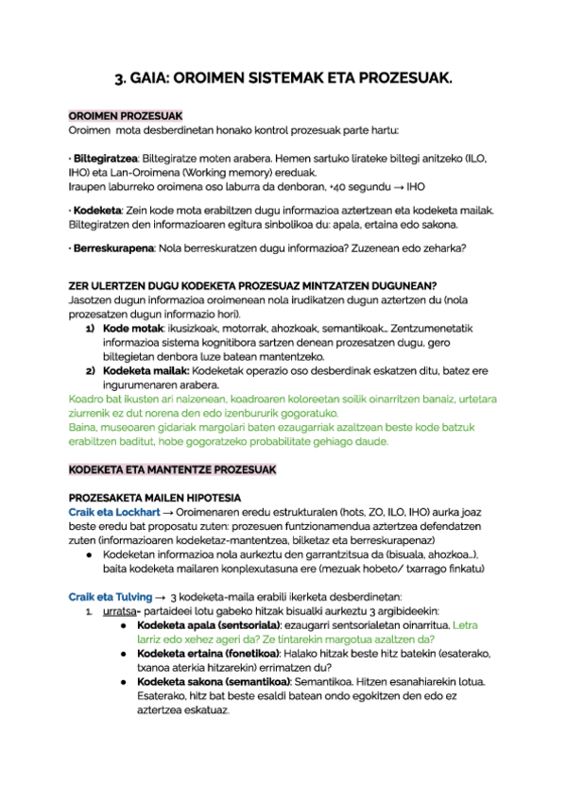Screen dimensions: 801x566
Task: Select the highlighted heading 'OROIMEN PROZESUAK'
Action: (126, 115)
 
